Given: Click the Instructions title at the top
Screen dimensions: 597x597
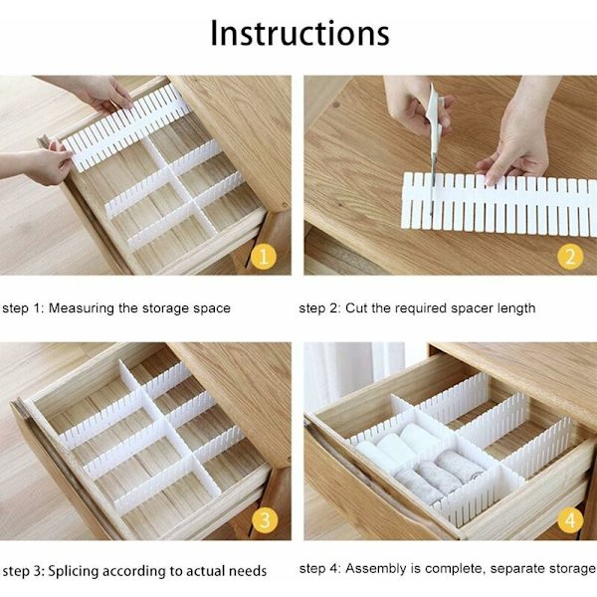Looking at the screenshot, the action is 299,33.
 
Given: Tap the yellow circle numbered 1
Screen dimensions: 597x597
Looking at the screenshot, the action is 264,256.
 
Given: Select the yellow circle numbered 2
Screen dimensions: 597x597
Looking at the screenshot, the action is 570,256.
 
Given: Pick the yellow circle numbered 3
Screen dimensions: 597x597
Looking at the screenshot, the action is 265,520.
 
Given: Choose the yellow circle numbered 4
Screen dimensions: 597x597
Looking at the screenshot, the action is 570,520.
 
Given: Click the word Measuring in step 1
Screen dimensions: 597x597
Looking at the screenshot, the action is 82,308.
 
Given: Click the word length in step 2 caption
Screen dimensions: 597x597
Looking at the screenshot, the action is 516,308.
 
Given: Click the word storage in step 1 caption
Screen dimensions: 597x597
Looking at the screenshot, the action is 165,308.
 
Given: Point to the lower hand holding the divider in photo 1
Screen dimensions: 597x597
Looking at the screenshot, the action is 38,165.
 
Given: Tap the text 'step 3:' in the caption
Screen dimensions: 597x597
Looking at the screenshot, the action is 23,571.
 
